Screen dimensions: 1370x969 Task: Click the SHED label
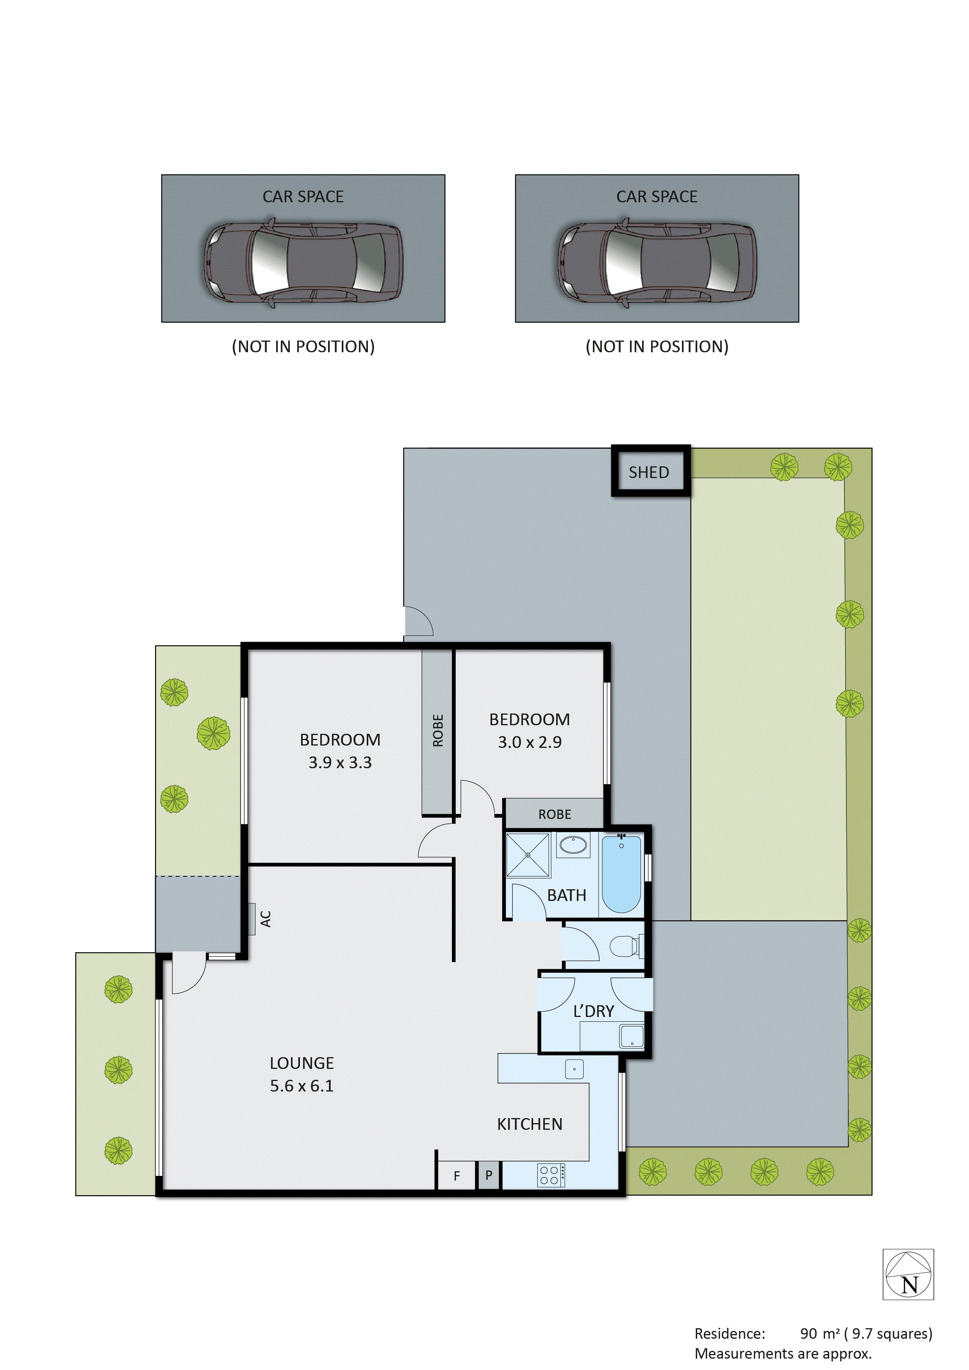coord(649,473)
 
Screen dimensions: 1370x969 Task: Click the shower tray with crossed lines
coord(527,855)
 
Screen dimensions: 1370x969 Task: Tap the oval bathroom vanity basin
coord(573,845)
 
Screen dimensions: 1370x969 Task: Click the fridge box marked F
coord(457,1176)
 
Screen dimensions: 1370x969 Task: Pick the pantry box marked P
coord(489,1176)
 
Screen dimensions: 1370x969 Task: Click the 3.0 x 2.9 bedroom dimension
coord(529,742)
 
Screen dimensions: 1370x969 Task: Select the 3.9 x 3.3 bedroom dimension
coord(339,763)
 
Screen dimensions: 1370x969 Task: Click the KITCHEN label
coord(529,1124)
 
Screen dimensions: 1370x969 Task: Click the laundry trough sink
coord(631,1036)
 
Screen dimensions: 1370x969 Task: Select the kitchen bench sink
coord(574,1069)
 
